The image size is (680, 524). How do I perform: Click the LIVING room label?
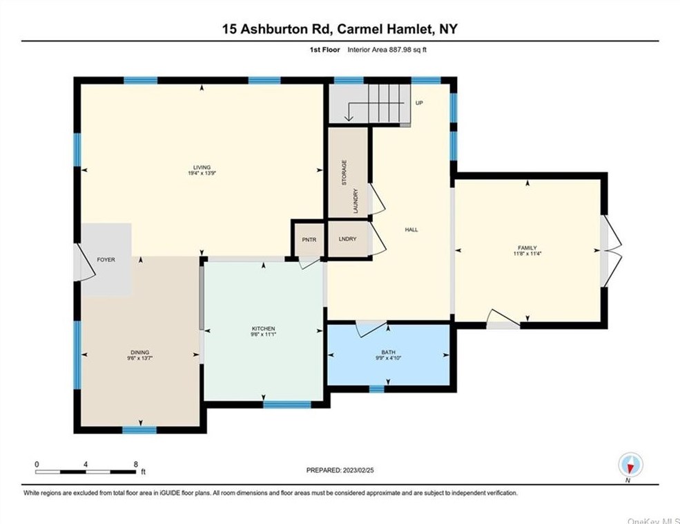coord(202,167)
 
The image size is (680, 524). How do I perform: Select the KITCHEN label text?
coord(263,328)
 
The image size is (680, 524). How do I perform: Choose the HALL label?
coord(411,230)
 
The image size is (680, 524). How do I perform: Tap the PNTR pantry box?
coord(309,239)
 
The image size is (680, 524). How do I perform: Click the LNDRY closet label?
coord(347,239)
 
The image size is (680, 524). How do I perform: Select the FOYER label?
coord(106,259)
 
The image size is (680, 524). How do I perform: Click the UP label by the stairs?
coord(418,103)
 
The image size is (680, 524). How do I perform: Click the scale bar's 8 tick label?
coord(136,464)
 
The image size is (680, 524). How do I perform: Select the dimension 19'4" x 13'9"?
coord(202,173)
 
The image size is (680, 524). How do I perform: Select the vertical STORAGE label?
coord(343,172)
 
